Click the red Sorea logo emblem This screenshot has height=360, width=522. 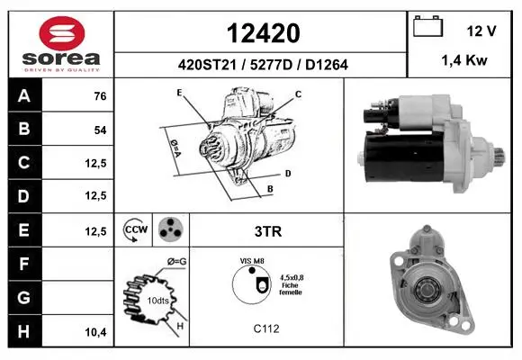62,33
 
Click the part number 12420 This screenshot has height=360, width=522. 263,33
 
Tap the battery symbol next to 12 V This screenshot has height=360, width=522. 427,27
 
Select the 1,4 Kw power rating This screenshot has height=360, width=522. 464,60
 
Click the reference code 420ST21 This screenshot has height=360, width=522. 207,65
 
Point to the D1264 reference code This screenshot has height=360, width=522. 327,65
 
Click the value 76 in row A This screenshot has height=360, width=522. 100,96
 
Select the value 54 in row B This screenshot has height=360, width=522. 100,130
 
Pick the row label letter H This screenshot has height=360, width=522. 23,332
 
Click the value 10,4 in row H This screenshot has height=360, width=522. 96,332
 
